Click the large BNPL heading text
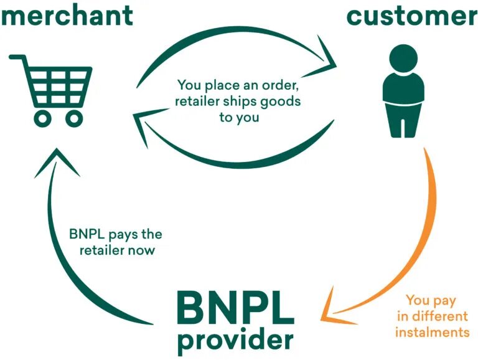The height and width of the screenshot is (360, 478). coord(235,307)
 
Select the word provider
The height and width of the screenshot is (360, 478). coord(235,339)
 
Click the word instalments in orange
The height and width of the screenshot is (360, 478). coord(432,332)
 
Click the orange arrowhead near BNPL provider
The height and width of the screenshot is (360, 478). coord(334,303)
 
